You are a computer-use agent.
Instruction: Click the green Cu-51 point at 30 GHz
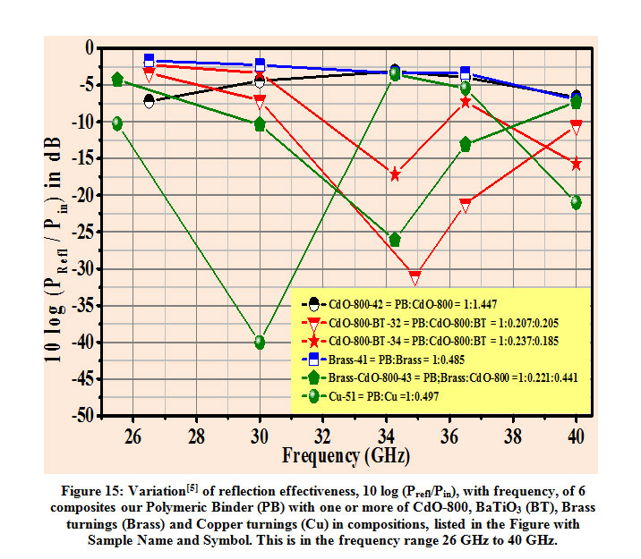point(260,342)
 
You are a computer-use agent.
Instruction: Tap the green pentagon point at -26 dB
point(395,239)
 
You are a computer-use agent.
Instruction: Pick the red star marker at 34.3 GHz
point(395,174)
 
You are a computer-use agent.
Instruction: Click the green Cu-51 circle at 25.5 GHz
point(117,123)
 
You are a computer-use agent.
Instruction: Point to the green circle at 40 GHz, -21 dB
point(576,202)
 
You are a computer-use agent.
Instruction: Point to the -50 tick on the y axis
point(81,416)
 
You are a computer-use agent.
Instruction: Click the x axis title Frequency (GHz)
point(346,455)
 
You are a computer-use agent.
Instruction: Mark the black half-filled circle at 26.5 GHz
point(149,100)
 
